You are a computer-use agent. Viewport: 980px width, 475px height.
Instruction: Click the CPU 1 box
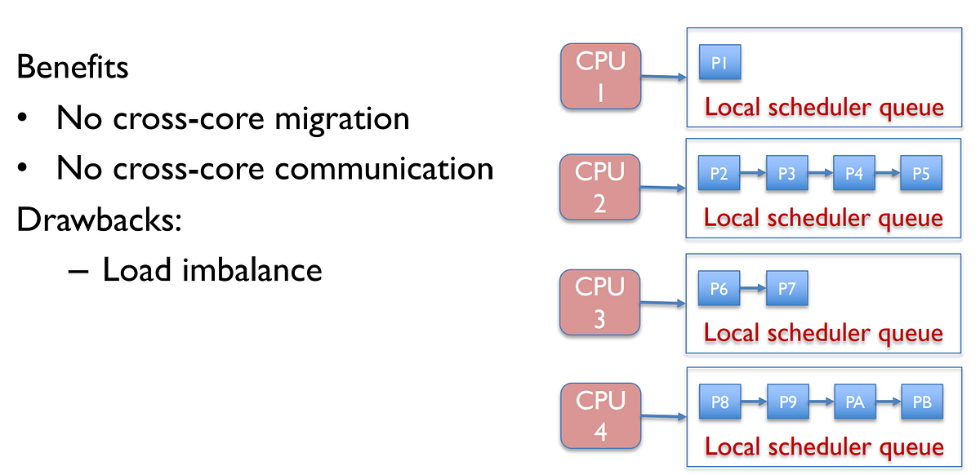[600, 78]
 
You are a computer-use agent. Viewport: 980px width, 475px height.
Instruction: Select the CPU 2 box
[600, 189]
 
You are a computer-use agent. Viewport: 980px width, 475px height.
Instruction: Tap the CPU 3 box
[600, 303]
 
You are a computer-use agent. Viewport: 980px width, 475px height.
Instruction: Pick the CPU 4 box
[600, 417]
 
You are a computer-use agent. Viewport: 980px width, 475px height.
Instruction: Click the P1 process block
[719, 64]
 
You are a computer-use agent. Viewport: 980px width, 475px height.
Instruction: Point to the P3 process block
[786, 175]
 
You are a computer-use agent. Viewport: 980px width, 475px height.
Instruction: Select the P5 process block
[920, 175]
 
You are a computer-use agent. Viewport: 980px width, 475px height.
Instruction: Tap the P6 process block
[719, 289]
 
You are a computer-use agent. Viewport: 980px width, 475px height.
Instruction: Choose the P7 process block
[786, 289]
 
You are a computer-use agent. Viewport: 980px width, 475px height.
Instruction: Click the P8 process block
[719, 402]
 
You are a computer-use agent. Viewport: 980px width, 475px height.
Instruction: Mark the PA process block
[853, 402]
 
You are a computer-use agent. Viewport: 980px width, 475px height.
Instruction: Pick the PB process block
[920, 402]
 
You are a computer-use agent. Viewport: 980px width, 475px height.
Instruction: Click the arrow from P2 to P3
[753, 175]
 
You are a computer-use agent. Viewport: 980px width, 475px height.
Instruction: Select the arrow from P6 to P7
[753, 289]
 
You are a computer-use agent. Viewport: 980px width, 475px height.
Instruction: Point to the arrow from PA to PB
[887, 402]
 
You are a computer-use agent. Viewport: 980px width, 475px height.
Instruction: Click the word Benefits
[72, 67]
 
